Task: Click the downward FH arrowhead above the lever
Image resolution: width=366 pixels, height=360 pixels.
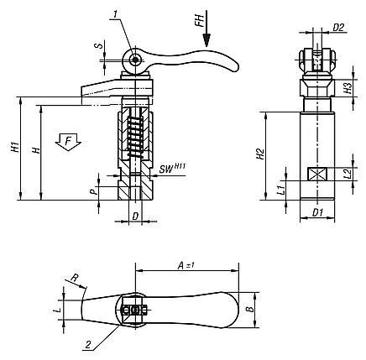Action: click(207, 40)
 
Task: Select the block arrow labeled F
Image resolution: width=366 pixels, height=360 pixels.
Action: click(68, 142)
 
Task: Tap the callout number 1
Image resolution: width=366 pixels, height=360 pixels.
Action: click(116, 13)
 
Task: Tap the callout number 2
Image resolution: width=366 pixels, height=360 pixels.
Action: click(88, 345)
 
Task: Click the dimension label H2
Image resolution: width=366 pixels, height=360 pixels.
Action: click(261, 154)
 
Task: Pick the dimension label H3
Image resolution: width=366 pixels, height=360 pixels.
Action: click(348, 88)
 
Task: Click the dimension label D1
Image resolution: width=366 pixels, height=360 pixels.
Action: click(317, 213)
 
